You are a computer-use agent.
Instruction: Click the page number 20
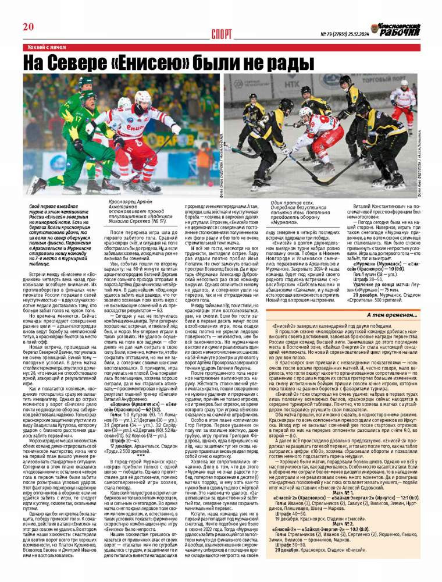tap(28, 26)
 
